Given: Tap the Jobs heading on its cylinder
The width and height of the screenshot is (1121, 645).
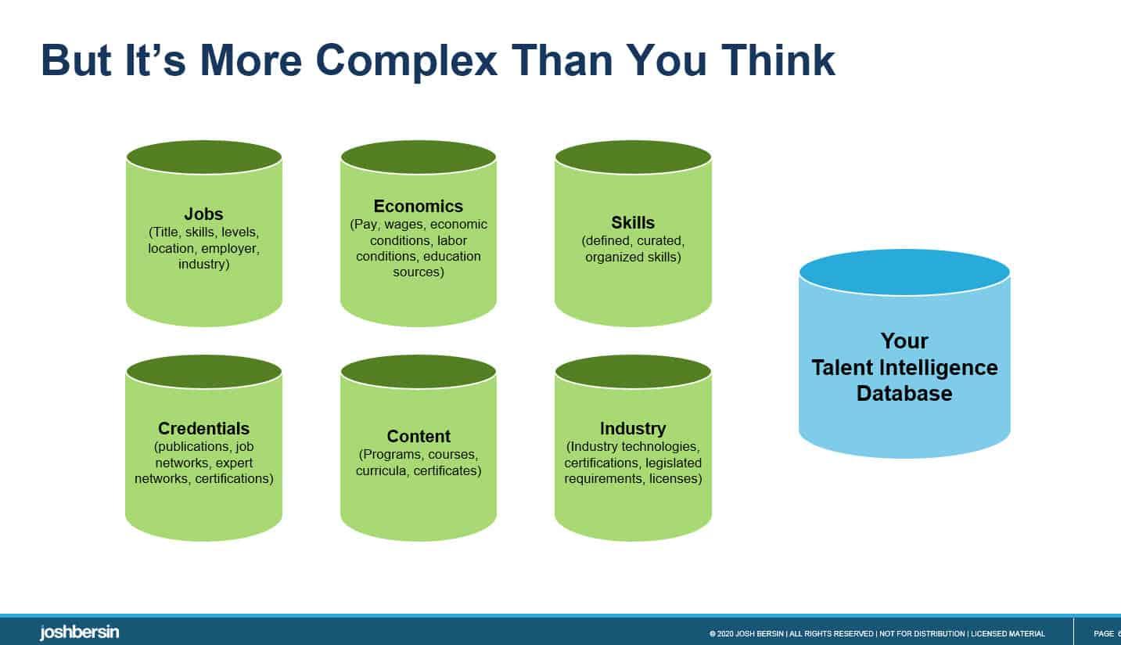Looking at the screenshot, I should pos(203,214).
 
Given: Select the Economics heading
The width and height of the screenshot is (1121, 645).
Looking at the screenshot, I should pos(419,206).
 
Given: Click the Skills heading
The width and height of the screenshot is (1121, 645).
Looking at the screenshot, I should pos(633,222).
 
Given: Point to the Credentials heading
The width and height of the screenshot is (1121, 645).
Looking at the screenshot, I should pos(203,428).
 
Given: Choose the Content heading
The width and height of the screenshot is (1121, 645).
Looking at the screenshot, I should pos(419,436).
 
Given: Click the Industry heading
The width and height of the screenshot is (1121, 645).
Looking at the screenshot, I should pos(633,428).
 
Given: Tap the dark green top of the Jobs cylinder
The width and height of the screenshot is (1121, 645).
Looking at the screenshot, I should pos(203,157).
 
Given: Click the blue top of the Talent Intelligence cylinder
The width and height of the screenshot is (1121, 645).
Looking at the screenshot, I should pos(904,272).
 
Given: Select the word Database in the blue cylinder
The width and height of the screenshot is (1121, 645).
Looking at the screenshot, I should pos(904,393).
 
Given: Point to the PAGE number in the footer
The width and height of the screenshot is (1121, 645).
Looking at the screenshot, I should pos(1106,633).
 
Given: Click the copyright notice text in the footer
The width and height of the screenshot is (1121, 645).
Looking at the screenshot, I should pos(876,633).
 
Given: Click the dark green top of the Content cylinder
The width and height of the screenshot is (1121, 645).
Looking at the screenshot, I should pos(419,372).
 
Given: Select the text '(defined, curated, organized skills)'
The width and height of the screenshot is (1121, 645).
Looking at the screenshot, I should pos(633,249).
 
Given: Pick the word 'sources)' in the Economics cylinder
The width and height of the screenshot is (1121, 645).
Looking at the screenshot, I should pos(419,272).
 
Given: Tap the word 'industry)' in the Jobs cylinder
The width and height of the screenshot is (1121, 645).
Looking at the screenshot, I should pos(203,265).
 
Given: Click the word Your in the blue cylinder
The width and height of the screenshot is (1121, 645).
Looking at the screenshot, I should pos(904,341).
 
